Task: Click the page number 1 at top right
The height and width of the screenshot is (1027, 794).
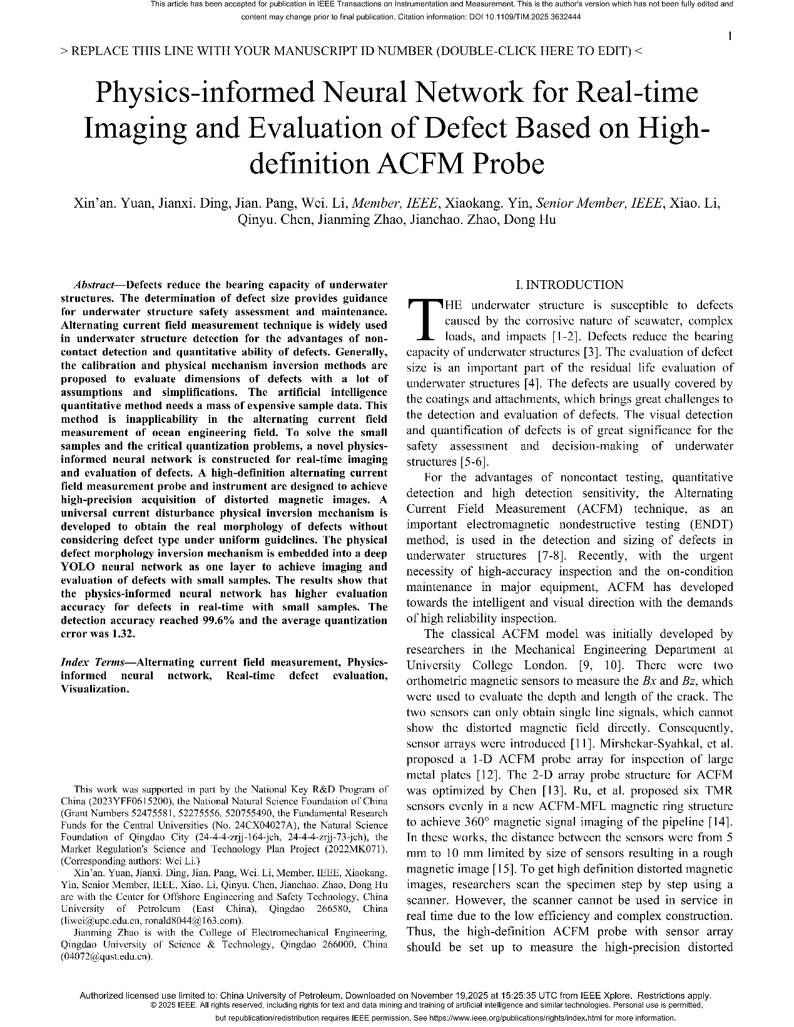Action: [730, 37]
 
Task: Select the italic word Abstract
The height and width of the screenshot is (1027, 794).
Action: [93, 285]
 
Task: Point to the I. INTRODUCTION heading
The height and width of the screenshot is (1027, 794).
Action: [569, 285]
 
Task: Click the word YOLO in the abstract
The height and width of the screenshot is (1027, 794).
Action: [78, 567]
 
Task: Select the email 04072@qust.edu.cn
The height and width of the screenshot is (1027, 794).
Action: [107, 956]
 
